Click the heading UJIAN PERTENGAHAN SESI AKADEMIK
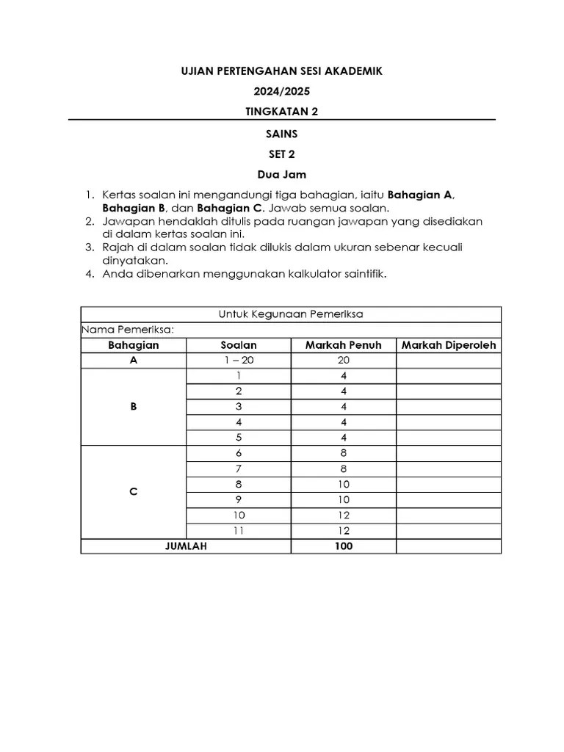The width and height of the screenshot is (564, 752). point(282,71)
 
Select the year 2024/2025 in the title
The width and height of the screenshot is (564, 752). point(282,92)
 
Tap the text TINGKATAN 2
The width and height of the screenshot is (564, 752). point(282,112)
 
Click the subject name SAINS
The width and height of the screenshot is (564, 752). point(282,134)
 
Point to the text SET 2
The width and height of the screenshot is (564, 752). point(282,154)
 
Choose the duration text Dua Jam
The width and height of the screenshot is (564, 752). point(282,175)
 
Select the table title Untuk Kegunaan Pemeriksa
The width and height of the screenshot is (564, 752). point(291,314)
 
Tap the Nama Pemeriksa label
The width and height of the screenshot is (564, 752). point(128,330)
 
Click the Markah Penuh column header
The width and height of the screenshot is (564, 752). point(343,345)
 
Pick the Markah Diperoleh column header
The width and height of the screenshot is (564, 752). point(449,345)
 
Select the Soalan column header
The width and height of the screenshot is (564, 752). point(239,345)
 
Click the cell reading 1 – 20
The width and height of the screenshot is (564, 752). point(239,361)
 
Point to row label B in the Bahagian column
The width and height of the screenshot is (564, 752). point(134,406)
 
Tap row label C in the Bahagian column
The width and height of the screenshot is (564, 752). point(134,492)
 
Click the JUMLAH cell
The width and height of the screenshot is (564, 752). point(186,546)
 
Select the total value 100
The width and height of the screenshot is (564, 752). point(343,546)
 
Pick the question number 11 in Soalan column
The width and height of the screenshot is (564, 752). point(239,531)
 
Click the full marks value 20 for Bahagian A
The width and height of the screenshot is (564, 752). point(343,361)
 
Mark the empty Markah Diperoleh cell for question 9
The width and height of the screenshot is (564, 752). point(449,500)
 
